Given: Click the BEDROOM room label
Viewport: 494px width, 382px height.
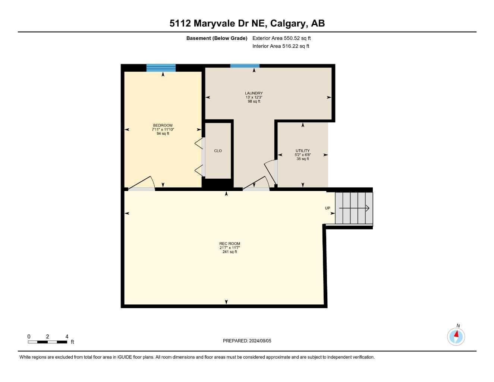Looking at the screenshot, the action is click(x=163, y=125).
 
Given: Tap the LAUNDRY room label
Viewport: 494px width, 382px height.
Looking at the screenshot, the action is click(x=254, y=93).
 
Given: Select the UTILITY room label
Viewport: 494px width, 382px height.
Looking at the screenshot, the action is click(x=303, y=151).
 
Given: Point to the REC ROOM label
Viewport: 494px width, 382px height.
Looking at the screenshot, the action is click(x=230, y=244).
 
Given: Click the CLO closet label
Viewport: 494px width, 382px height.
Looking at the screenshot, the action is click(x=218, y=151).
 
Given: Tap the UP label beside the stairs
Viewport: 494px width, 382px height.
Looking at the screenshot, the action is click(x=327, y=208).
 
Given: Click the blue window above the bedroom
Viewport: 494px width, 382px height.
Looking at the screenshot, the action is click(x=161, y=68).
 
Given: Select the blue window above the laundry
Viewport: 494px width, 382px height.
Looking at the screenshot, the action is click(x=245, y=66).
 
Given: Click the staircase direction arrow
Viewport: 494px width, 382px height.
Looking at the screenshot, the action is click(x=354, y=208).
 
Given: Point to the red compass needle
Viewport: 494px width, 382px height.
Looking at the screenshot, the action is click(x=456, y=334).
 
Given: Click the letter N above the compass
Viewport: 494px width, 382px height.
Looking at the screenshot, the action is click(x=458, y=326).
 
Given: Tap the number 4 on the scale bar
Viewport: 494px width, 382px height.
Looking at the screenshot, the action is click(x=67, y=336).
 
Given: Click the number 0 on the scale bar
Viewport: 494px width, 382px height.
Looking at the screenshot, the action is click(x=29, y=336).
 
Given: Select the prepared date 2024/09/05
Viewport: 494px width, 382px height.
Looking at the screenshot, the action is click(x=260, y=341).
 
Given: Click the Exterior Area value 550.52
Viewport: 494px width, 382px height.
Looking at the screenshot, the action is click(x=292, y=38).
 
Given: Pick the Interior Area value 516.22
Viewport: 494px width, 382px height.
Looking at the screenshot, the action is click(x=290, y=46).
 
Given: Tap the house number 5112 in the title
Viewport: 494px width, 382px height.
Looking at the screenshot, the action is click(x=180, y=24).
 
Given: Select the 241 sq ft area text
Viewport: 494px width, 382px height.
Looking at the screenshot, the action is click(x=230, y=252).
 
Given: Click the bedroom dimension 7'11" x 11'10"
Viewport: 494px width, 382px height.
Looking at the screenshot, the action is click(x=163, y=129).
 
